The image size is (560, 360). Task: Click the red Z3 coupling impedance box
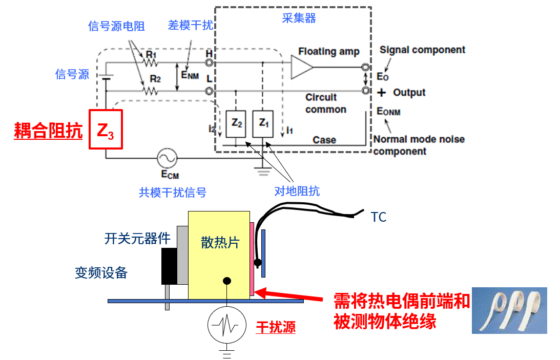point(106,130)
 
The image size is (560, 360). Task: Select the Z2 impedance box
point(236,123)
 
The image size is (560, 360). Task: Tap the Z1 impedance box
point(263,123)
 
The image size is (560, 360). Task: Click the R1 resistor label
point(152,54)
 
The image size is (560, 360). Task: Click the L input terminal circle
point(209,91)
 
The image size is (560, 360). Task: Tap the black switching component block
point(169,266)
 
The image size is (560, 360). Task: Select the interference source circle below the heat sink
point(226,325)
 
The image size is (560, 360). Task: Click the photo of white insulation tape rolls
point(509,310)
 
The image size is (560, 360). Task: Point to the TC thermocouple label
point(379,218)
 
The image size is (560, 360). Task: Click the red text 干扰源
point(276,327)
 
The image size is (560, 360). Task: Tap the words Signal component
point(422,50)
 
